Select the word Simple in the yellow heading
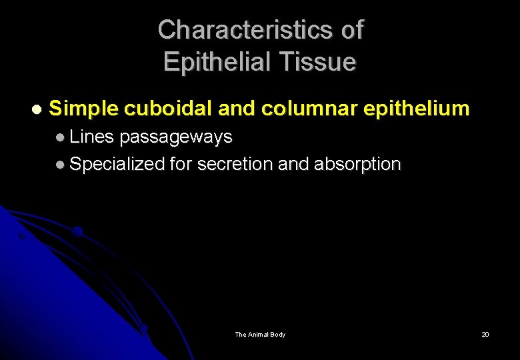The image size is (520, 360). (x=84, y=108)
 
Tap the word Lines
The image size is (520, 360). (x=92, y=137)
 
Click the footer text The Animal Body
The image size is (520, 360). (x=260, y=335)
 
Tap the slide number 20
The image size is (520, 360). (x=485, y=335)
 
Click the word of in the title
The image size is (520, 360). (x=351, y=30)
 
